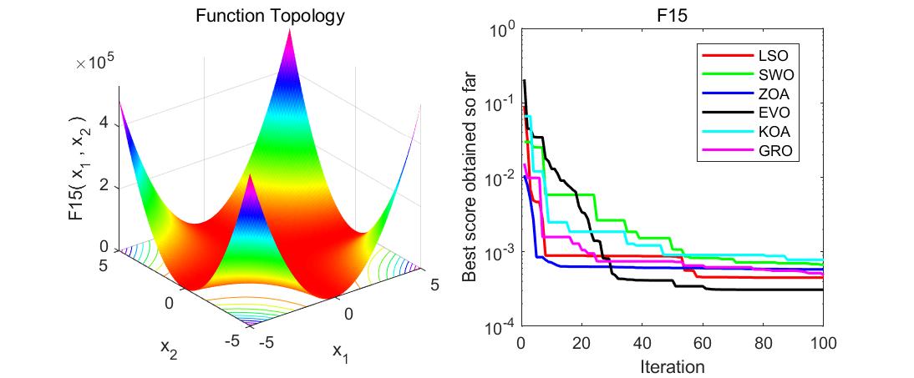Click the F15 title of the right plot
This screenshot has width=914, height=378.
click(x=673, y=15)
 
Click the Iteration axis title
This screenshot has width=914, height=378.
click(x=673, y=365)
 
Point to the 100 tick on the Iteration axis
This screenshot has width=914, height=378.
click(x=823, y=343)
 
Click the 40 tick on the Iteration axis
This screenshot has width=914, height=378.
click(x=642, y=343)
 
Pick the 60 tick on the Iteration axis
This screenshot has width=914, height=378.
click(x=703, y=343)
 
